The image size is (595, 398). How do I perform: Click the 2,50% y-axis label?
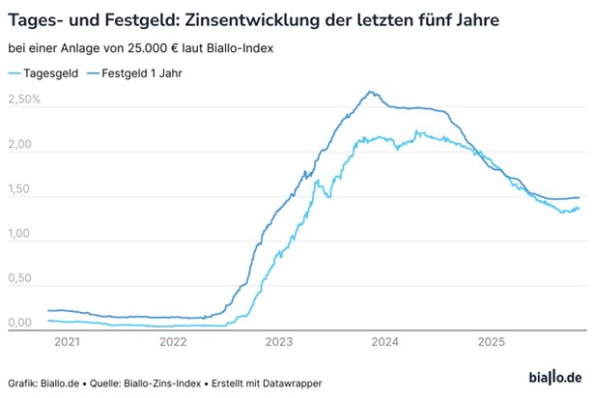click(x=24, y=99)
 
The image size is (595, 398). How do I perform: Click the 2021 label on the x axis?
click(x=68, y=341)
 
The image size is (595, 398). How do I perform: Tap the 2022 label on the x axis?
click(x=173, y=341)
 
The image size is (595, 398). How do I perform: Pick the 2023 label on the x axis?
click(x=279, y=341)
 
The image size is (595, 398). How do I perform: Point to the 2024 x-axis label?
click(x=385, y=341)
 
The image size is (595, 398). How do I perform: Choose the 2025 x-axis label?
click(x=491, y=341)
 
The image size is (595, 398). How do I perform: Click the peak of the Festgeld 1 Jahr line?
click(x=370, y=93)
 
